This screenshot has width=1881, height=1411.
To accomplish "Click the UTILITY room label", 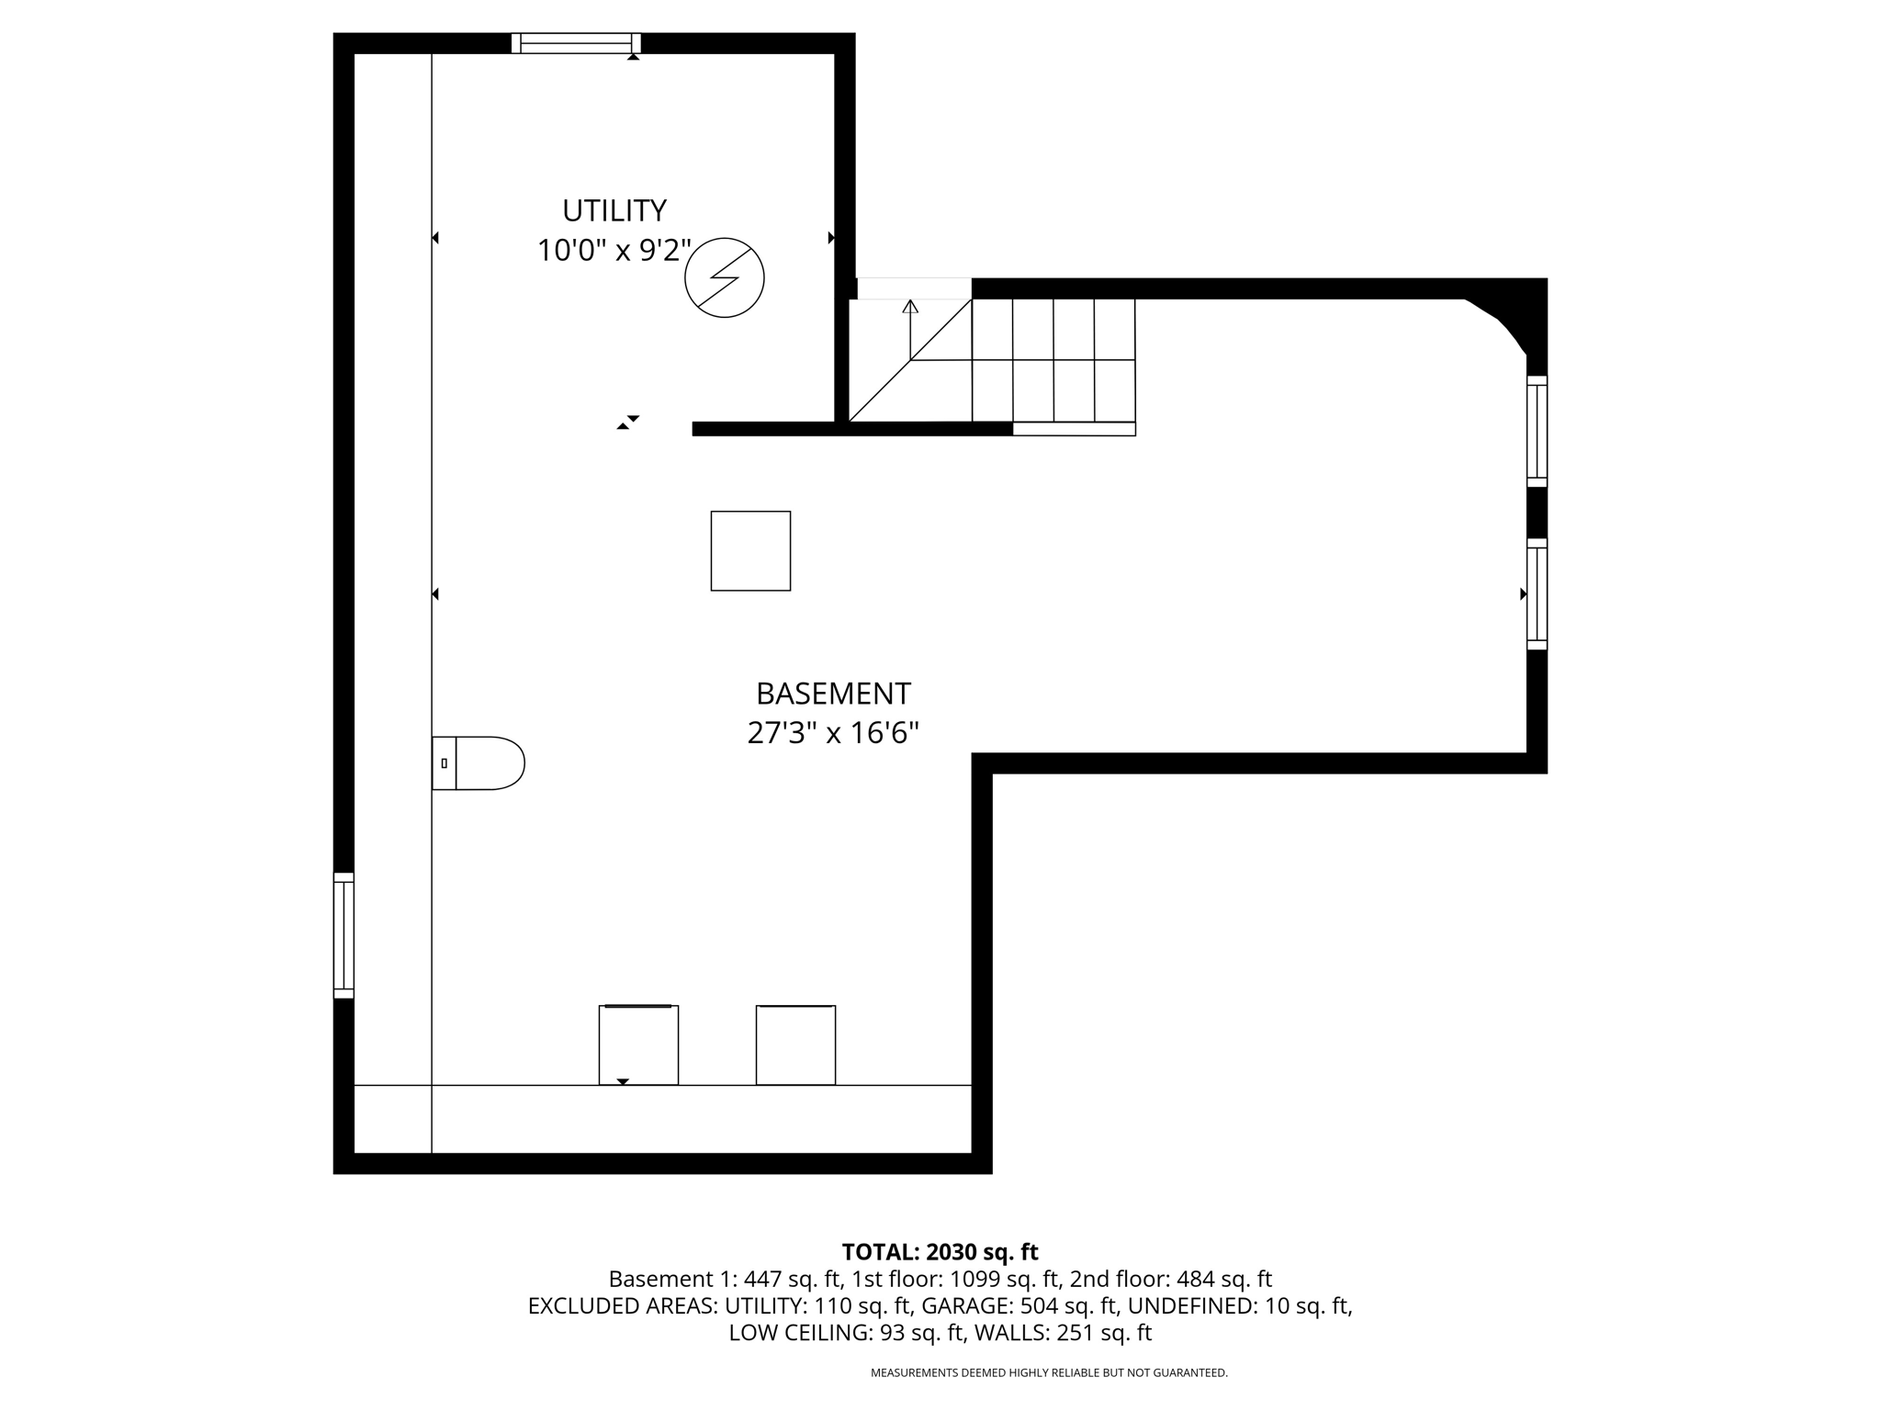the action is pos(614,210).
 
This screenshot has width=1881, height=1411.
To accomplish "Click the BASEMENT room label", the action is pos(833,693).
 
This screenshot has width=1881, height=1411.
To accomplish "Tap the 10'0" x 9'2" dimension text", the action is pos(614,250).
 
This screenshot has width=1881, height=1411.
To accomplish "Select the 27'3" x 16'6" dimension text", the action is pos(833,733).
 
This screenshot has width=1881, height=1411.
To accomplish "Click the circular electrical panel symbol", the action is pos(725,277).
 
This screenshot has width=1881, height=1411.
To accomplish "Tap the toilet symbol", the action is pos(479,763).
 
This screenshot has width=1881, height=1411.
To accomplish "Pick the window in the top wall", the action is pos(576,43).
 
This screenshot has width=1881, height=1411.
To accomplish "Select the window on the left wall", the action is pos(344,935).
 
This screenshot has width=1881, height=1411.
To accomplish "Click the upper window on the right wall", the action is pos(1537,431).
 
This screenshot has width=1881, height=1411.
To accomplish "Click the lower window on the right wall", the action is pos(1537,594).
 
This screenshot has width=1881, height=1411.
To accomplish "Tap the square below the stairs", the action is pos(750,551).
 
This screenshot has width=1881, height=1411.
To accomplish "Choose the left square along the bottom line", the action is pos(638,1045).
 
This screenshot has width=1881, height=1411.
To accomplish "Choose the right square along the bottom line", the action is pos(795,1045).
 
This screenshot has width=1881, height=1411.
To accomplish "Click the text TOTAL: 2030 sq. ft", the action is pos(940,1252).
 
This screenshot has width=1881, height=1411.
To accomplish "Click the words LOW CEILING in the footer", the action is pos(798,1333).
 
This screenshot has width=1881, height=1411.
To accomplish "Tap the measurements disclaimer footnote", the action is pos(1049,1373).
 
